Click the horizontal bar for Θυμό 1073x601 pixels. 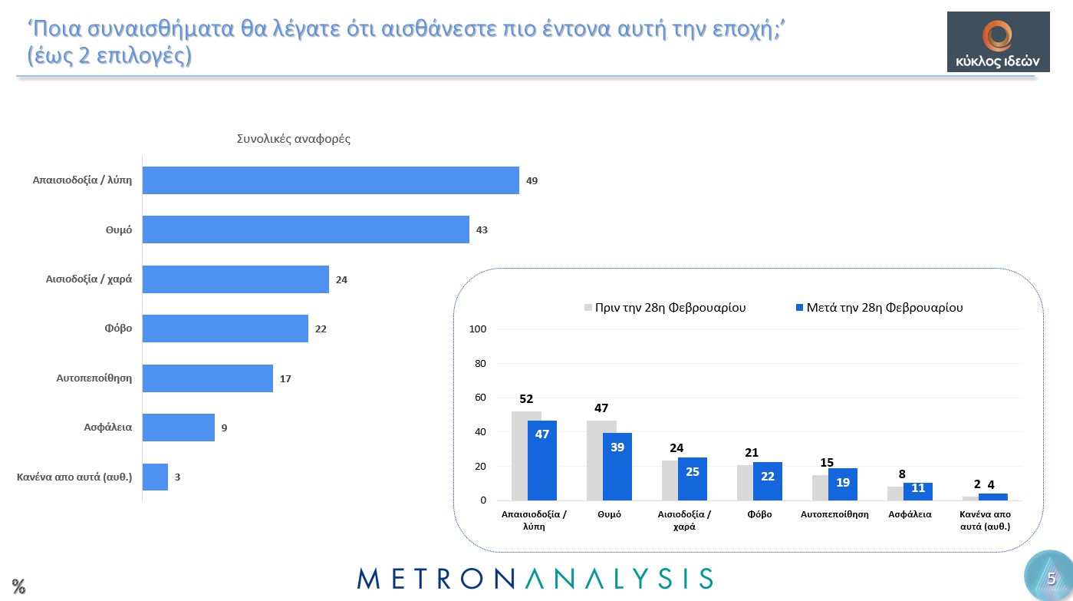[x=305, y=230]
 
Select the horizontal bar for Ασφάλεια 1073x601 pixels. [x=178, y=428]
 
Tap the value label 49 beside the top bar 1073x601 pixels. [x=532, y=180]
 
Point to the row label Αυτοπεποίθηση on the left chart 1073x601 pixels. [x=94, y=378]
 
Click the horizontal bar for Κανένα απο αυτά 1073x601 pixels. [x=155, y=477]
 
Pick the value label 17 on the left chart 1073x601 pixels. [x=285, y=378]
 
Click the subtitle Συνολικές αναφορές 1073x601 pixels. [x=294, y=139]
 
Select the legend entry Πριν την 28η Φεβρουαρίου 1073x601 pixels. [x=665, y=308]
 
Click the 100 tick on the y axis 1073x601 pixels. [x=478, y=329]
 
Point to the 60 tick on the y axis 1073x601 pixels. [x=481, y=398]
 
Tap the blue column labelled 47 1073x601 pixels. [x=541, y=460]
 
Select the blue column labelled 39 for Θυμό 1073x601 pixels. [x=617, y=466]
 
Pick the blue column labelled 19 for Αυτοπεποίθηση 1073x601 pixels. [x=842, y=484]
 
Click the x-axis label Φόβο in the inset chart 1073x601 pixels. [x=759, y=514]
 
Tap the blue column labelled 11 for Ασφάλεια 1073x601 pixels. [x=917, y=491]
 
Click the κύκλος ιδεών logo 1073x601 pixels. [x=998, y=41]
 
